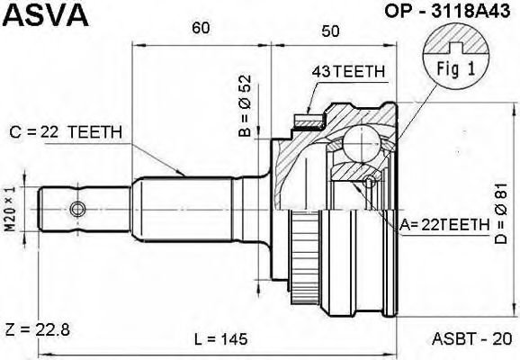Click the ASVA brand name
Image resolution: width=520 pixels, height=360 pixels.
pyautogui.click(x=46, y=14)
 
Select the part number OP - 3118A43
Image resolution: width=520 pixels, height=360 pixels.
pyautogui.click(x=447, y=11)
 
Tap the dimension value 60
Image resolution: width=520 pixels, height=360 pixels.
pyautogui.click(x=201, y=28)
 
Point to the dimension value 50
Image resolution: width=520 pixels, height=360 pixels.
pyautogui.click(x=330, y=31)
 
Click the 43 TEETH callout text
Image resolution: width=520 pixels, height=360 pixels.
pyautogui.click(x=348, y=71)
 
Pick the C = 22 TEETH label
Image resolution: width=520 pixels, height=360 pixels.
pyautogui.click(x=66, y=132)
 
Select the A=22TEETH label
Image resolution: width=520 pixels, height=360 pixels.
pyautogui.click(x=444, y=225)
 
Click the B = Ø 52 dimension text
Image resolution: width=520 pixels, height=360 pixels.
pyautogui.click(x=245, y=106)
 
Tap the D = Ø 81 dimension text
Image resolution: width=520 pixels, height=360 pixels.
pyautogui.click(x=501, y=213)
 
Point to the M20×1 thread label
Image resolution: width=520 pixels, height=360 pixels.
pyautogui.click(x=10, y=209)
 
